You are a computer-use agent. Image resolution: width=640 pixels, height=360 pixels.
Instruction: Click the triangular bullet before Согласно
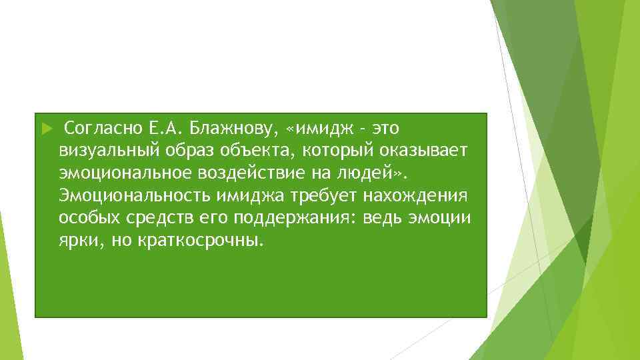coord(46,127)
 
